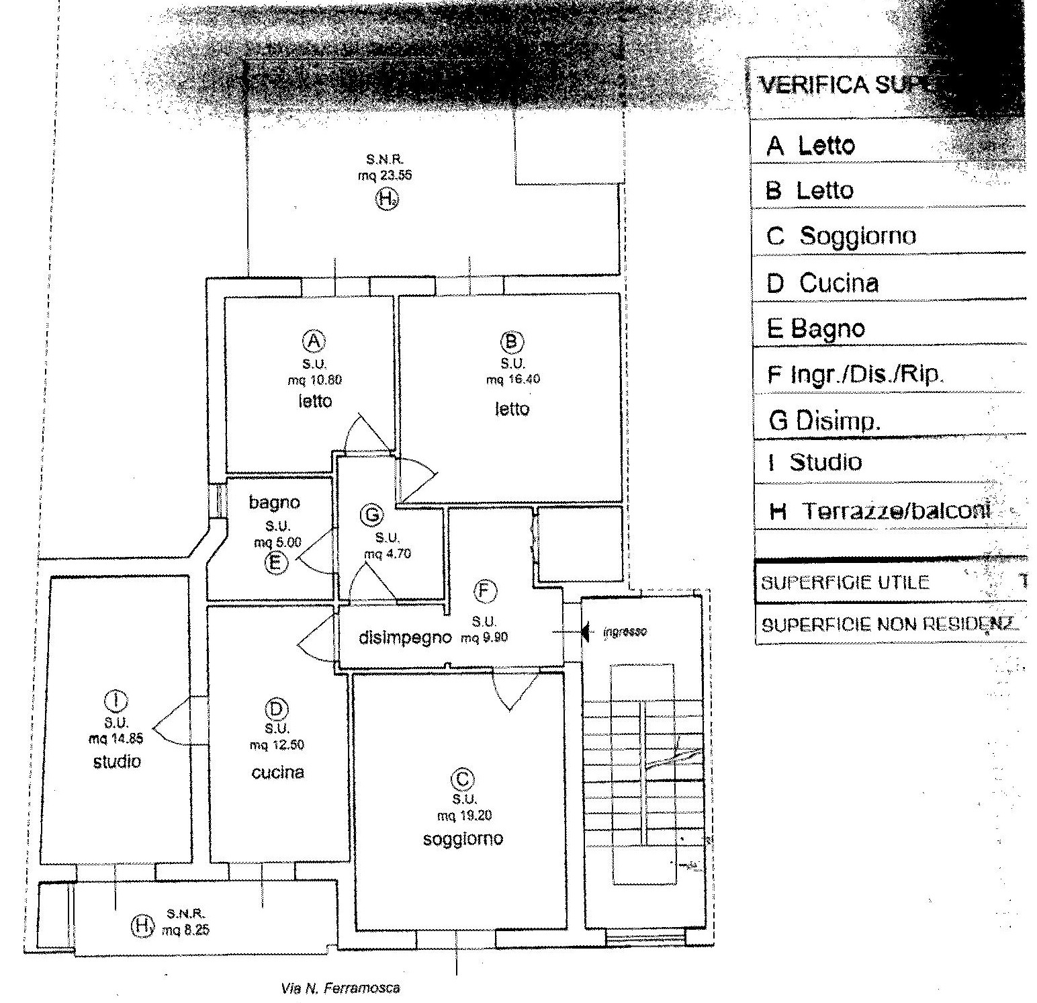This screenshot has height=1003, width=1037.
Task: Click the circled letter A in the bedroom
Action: (x=314, y=341)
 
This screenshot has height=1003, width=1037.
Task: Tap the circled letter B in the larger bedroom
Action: (x=512, y=342)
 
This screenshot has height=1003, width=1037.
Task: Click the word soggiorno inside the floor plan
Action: (x=463, y=838)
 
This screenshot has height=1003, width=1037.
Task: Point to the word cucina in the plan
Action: (x=277, y=773)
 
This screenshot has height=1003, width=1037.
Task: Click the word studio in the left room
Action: (x=117, y=761)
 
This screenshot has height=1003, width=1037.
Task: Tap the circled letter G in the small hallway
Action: (x=371, y=515)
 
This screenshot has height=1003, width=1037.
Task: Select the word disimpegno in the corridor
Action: (x=404, y=638)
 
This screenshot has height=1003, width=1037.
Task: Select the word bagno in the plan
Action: (x=274, y=502)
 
